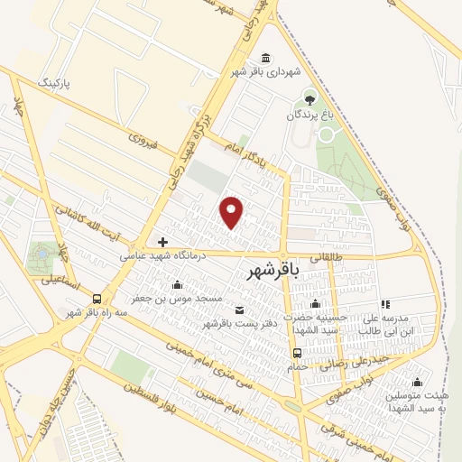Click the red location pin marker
tap(232, 212)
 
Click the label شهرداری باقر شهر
tap(264, 71)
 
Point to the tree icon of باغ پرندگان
tap(311, 97)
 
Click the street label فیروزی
tap(143, 140)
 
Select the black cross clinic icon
tap(162, 241)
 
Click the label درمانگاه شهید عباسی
tap(162, 255)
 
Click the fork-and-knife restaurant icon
tap(385, 305)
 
